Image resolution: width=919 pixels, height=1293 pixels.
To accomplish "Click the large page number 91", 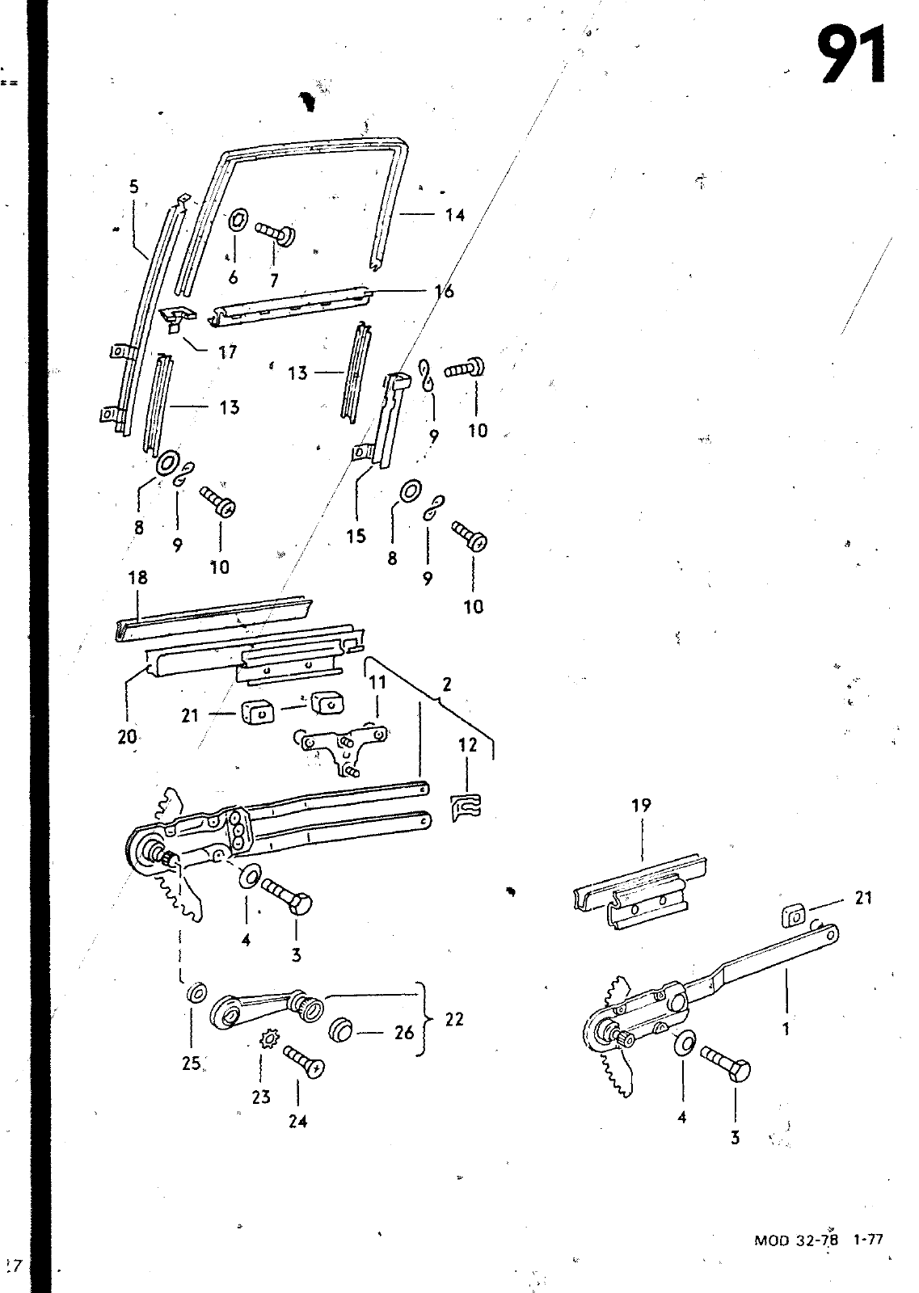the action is coord(852,56).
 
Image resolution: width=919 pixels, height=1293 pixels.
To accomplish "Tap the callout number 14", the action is coord(455,215).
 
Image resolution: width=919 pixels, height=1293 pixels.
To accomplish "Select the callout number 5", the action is coord(134,187).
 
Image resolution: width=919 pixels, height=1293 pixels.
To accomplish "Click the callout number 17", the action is coord(227,352).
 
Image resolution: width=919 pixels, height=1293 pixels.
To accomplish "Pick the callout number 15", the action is coord(356,537).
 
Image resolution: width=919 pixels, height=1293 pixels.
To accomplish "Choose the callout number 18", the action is coord(138,577).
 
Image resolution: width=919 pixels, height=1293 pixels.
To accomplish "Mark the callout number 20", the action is coord(127,736).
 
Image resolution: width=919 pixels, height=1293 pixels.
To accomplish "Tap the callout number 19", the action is coord(641,805).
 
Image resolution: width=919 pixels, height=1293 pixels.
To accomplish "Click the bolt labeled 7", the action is coord(276,234).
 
